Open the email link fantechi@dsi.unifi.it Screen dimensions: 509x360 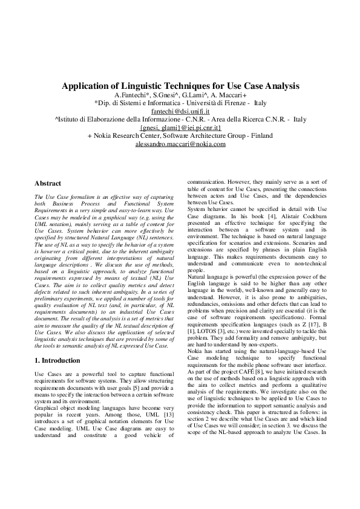tap(180, 112)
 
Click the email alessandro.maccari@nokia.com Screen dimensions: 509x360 tap(180, 144)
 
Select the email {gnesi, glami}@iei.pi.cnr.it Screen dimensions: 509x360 tap(180, 128)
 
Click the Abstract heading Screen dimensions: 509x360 tap(48, 183)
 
